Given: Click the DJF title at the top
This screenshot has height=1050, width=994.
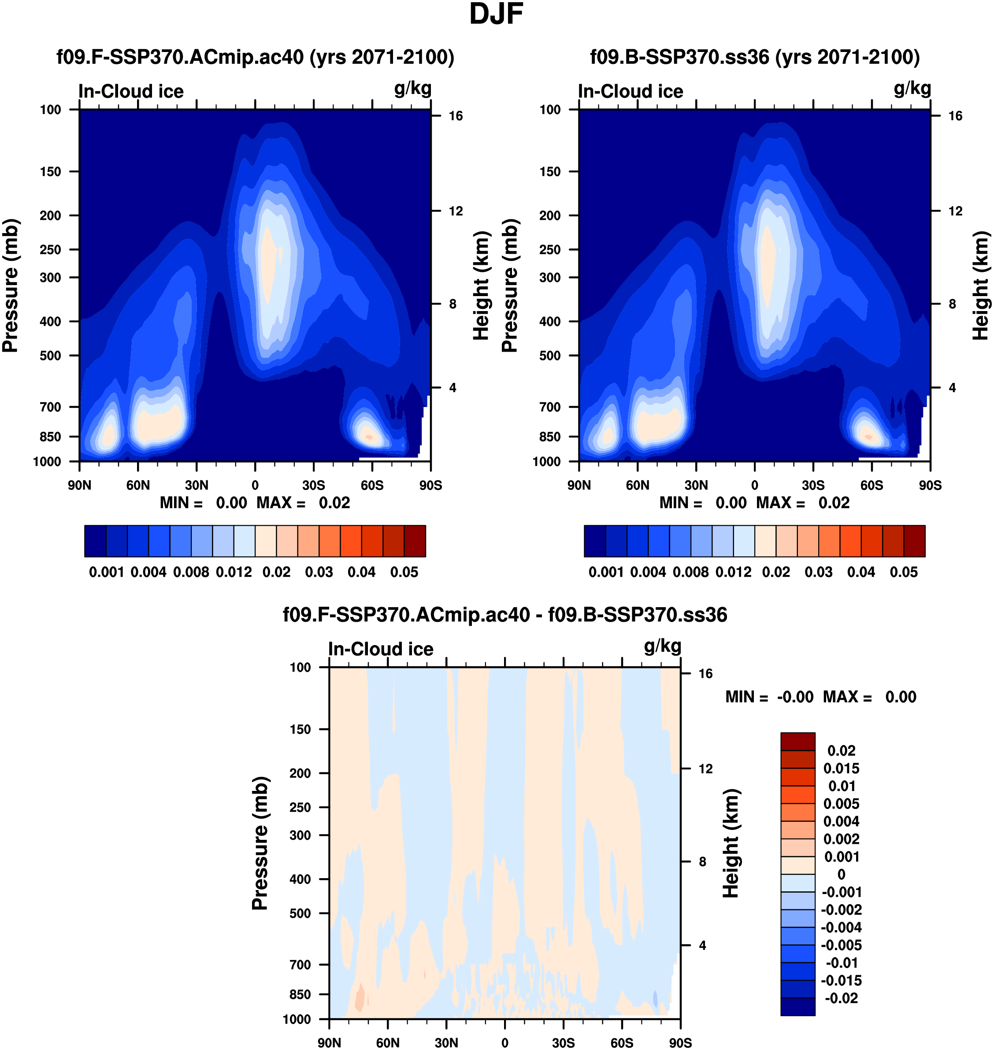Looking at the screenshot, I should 496,14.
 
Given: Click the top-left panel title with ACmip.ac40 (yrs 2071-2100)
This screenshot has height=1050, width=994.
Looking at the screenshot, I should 256,57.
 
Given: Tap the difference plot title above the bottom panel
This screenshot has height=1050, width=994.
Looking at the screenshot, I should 504,615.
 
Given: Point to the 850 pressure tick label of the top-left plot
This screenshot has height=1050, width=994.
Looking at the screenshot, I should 50,437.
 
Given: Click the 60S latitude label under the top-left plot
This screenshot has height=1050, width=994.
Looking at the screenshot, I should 372,485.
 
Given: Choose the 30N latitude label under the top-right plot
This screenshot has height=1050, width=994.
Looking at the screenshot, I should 696,485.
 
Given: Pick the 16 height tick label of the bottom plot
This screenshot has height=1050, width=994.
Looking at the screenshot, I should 705,673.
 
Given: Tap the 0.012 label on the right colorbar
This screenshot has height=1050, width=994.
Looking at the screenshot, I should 733,572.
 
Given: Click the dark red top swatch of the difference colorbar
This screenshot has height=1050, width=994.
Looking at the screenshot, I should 797,741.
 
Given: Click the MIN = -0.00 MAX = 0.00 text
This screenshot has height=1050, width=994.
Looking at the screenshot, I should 820,697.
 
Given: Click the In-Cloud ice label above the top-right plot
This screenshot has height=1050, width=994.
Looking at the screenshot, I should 631,91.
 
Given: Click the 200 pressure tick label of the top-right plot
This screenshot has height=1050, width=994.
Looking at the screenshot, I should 550,215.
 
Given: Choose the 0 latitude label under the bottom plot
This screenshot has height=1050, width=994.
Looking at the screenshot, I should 504,1043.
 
